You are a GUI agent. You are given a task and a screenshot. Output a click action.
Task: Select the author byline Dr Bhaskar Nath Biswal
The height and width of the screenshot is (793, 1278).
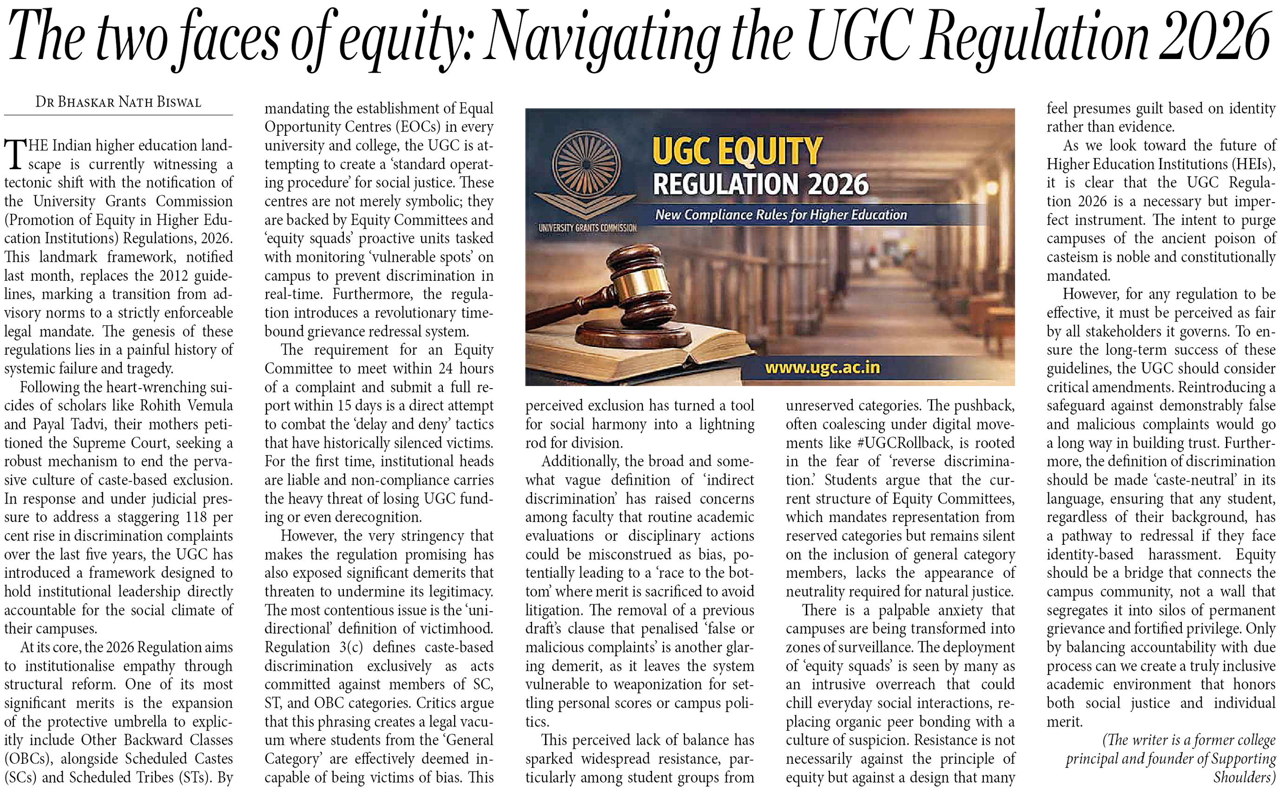[x=119, y=102]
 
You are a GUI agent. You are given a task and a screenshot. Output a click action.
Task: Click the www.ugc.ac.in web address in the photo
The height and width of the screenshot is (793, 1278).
[x=822, y=367]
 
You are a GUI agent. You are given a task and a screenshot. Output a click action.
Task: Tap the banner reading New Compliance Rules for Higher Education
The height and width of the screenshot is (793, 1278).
[x=781, y=214]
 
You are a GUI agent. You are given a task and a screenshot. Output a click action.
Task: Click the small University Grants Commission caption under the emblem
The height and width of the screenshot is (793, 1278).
[x=587, y=228]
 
